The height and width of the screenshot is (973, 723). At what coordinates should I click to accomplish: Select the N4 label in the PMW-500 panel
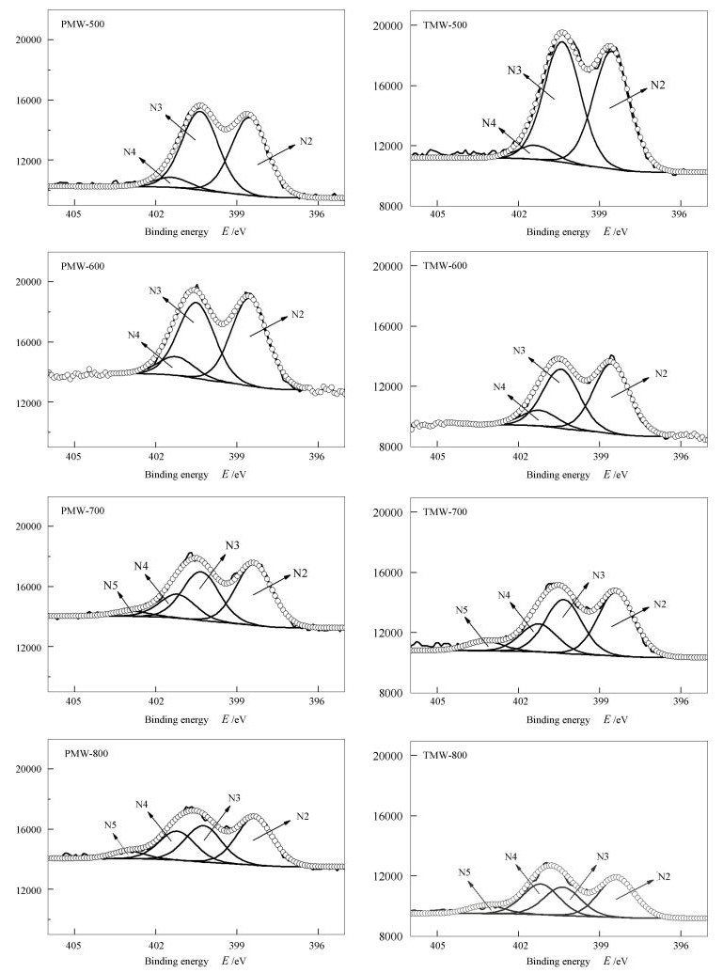click(130, 151)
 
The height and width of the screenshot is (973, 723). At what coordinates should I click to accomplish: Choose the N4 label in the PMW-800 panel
click(142, 804)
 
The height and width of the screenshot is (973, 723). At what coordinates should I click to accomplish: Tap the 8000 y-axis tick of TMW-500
click(392, 206)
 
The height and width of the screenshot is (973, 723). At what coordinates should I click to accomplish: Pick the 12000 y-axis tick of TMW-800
click(389, 876)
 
